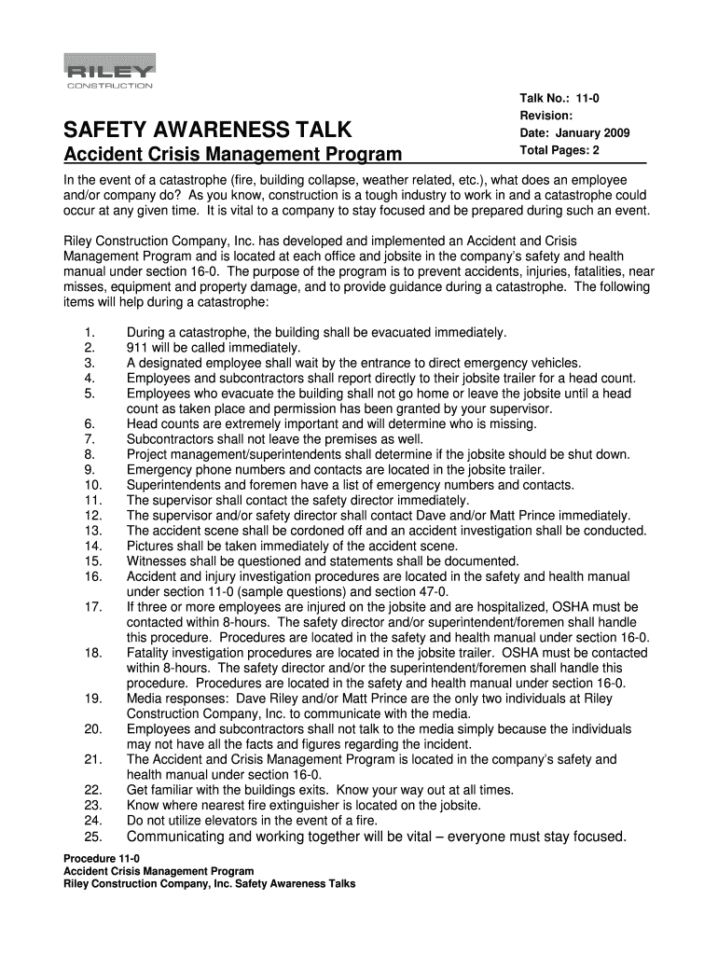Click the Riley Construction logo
pyautogui.click(x=108, y=72)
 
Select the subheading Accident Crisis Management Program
pyautogui.click(x=232, y=154)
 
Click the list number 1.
pyautogui.click(x=89, y=333)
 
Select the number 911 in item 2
pyautogui.click(x=137, y=348)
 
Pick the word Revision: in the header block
pyautogui.click(x=545, y=116)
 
